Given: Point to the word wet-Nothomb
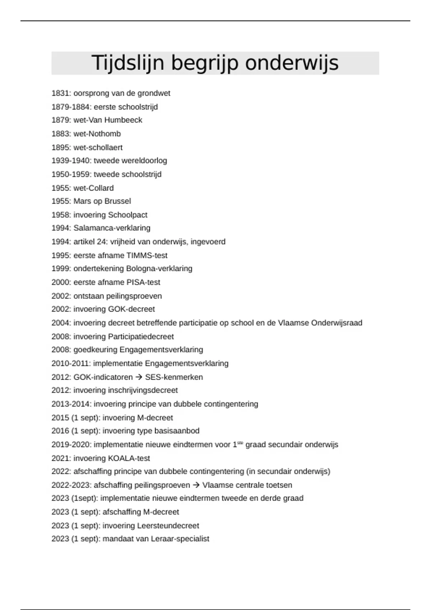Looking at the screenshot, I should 97,134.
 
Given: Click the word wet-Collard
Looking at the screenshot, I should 93,188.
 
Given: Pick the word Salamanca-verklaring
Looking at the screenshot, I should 112,228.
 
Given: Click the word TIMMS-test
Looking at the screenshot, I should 147,255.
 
